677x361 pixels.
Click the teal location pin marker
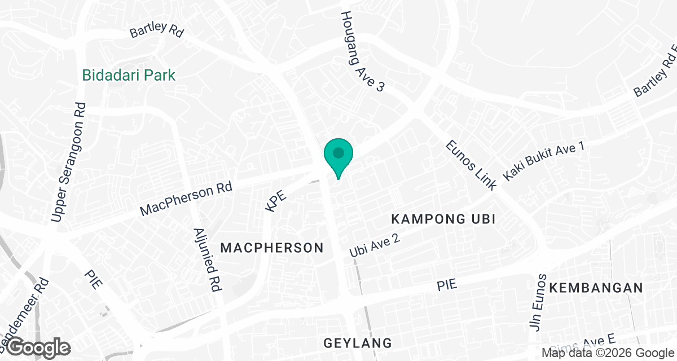[x=338, y=156]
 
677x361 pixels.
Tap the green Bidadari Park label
[x=129, y=75]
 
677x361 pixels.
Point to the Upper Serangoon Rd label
[x=68, y=162]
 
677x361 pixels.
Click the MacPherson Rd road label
[x=186, y=199]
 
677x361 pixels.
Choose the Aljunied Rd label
[x=205, y=259]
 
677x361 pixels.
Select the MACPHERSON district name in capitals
[x=272, y=248]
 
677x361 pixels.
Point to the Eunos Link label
[x=471, y=165]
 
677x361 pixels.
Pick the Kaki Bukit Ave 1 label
[x=543, y=161]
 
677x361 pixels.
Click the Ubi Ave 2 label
[x=375, y=246]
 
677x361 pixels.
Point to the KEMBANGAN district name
[x=596, y=288]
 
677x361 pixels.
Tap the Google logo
[x=38, y=347]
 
